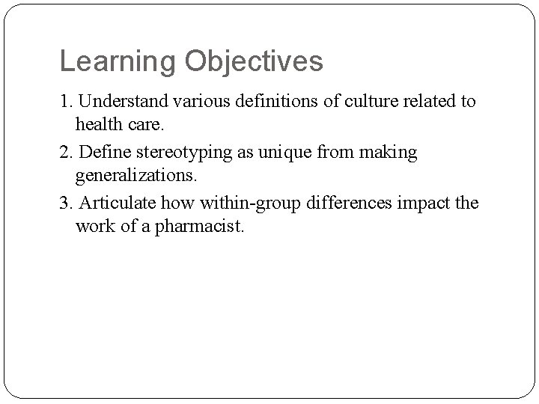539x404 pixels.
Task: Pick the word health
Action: (x=100, y=123)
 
